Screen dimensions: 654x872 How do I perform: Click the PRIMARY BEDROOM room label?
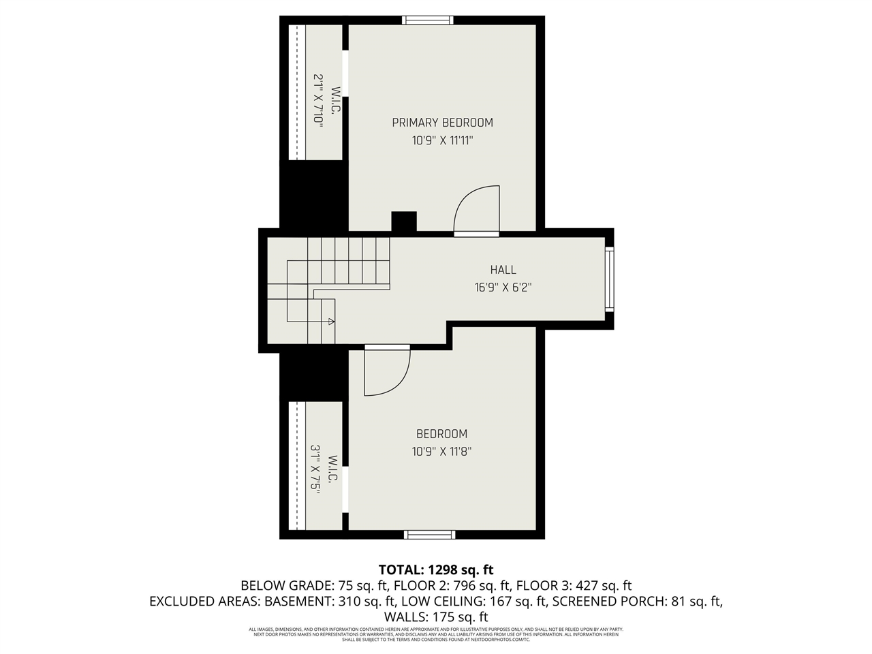coord(442,123)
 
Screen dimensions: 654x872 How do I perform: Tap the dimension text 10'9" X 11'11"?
coord(442,141)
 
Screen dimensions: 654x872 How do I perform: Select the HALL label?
coord(503,270)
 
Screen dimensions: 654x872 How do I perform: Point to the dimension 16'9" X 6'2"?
coord(503,287)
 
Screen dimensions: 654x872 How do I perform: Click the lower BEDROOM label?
coord(441,434)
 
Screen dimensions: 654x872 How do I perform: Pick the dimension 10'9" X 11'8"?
coord(441,451)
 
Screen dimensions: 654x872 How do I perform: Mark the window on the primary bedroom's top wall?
coord(427,20)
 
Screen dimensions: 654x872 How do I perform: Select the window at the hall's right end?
coord(609,279)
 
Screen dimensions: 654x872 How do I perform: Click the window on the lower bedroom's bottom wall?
coord(430,534)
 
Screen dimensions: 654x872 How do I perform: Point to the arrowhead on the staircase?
coord(331,321)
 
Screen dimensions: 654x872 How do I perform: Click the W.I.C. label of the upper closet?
coord(335,99)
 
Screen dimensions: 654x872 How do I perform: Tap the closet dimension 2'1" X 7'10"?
coord(317,99)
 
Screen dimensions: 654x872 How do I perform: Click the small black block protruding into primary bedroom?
coord(403,221)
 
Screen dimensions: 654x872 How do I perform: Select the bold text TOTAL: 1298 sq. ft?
coord(436,570)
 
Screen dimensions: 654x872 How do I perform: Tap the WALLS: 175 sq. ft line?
coord(436,617)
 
